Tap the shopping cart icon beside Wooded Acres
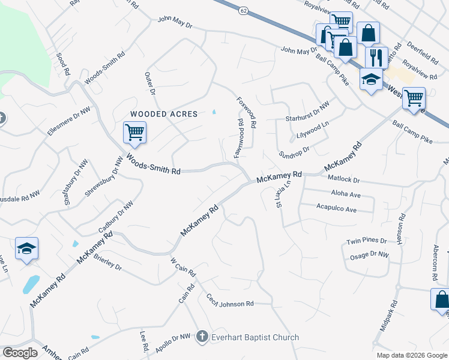pos(134,132)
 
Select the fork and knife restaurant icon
pos(376,58)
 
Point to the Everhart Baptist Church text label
pos(255,337)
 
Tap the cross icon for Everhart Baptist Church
pos(203,337)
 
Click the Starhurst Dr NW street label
pos(307,107)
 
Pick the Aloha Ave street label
pos(346,194)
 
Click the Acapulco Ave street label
pos(336,209)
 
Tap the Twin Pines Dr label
pos(367,241)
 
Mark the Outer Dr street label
pos(149,85)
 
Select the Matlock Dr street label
pos(344,179)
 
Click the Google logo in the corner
pos(20,352)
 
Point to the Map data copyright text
pos(412,355)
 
